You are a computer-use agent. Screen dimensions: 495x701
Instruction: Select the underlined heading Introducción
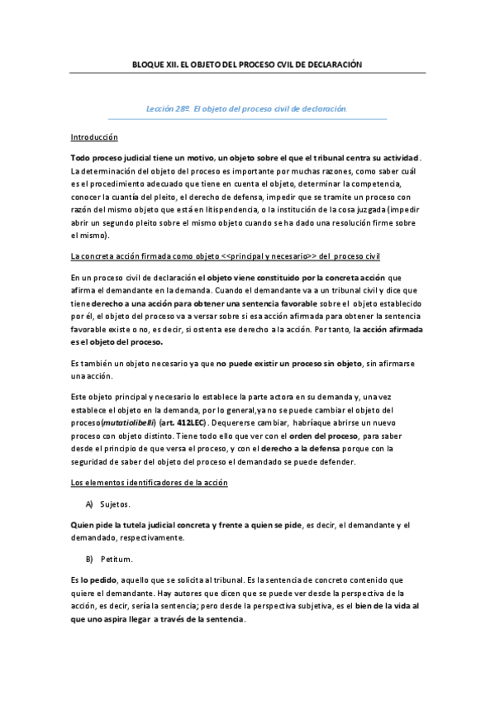click(93, 136)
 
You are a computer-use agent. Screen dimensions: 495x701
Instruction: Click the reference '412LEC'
click(188, 423)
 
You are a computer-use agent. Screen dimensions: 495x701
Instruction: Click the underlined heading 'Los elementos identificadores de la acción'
click(149, 481)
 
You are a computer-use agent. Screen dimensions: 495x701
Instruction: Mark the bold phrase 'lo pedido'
click(98, 580)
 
